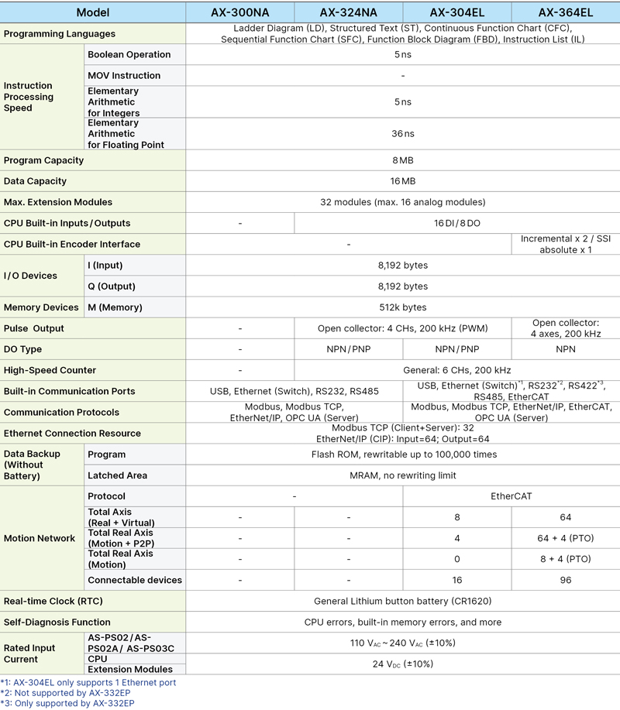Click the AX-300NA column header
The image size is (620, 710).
[x=240, y=12]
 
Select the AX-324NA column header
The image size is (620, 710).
[x=349, y=12]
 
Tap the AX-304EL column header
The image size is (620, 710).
[x=457, y=12]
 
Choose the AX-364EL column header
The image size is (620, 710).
[x=566, y=12]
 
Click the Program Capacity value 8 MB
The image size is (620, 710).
[x=402, y=160]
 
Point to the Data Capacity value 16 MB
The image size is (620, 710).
[x=402, y=181]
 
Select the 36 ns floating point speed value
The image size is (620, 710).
[x=402, y=133]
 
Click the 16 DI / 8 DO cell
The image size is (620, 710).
[x=456, y=223]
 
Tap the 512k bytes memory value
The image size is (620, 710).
[x=402, y=307]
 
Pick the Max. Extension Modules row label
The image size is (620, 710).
[x=58, y=202]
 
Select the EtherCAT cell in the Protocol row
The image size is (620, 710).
[x=511, y=496]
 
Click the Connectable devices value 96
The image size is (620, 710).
[x=565, y=580]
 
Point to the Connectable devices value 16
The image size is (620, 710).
[x=456, y=580]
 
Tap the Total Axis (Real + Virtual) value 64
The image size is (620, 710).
[x=565, y=516]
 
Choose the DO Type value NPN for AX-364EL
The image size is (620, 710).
[x=565, y=349]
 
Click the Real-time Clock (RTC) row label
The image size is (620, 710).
[x=53, y=601]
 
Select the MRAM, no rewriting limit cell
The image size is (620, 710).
[x=402, y=475]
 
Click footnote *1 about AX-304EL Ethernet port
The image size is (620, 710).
[x=88, y=682]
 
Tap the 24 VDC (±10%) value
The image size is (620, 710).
[x=402, y=664]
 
